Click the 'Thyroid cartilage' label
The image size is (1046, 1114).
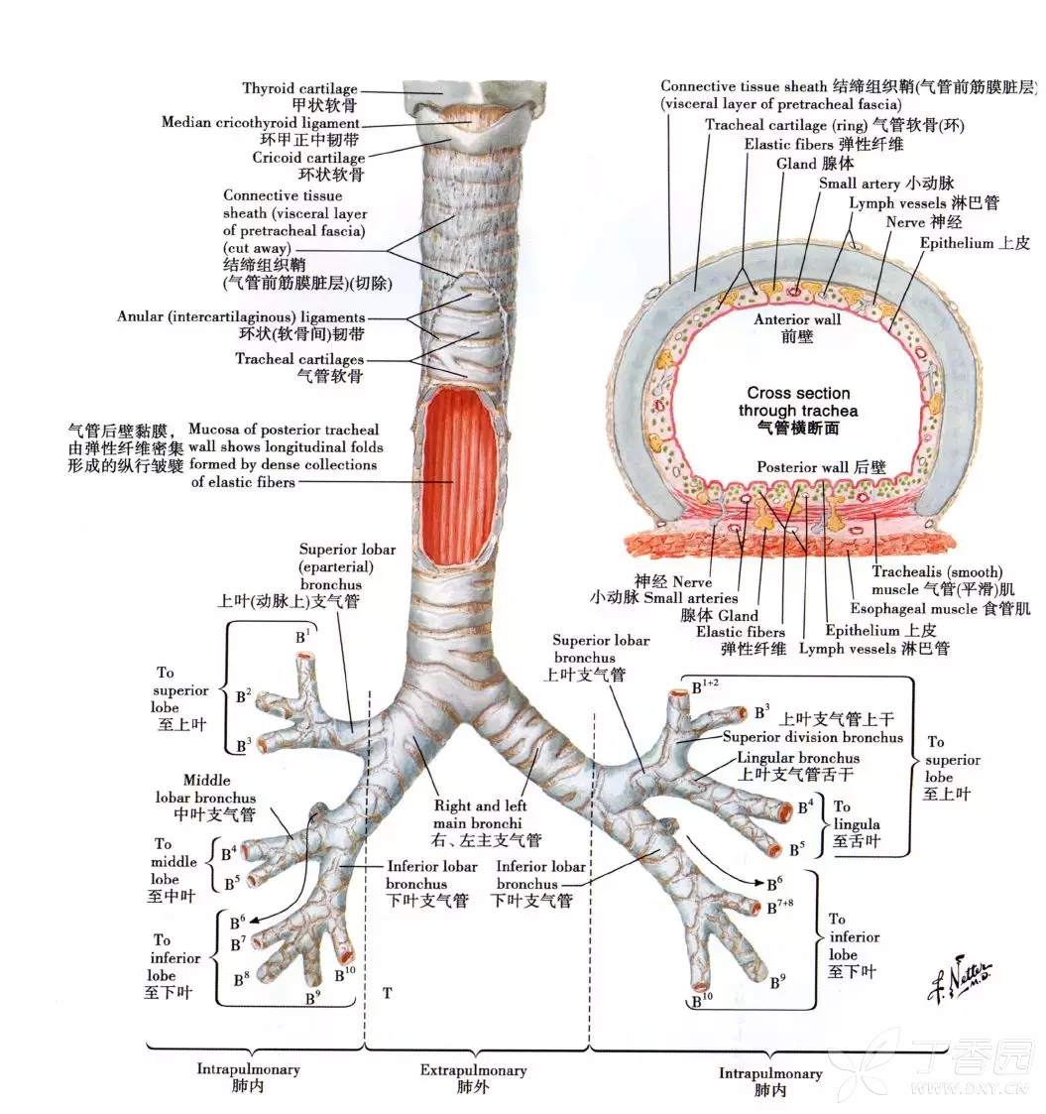(299, 89)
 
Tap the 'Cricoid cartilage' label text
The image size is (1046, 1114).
(308, 158)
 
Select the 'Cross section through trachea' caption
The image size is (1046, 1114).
(798, 410)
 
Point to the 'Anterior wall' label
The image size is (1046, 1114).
(797, 319)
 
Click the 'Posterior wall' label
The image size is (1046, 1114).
(802, 467)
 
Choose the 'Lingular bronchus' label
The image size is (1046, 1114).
(798, 758)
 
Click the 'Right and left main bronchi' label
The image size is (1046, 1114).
(480, 814)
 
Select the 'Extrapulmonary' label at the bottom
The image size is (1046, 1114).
(473, 1070)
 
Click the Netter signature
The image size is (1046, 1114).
(960, 980)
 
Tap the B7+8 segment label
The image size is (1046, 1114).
(779, 907)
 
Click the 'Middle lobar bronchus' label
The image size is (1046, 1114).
(206, 789)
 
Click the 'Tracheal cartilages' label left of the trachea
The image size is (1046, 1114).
(299, 359)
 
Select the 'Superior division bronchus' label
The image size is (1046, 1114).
(813, 737)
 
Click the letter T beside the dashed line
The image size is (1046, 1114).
(387, 993)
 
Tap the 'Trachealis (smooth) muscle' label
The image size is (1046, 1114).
(937, 580)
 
